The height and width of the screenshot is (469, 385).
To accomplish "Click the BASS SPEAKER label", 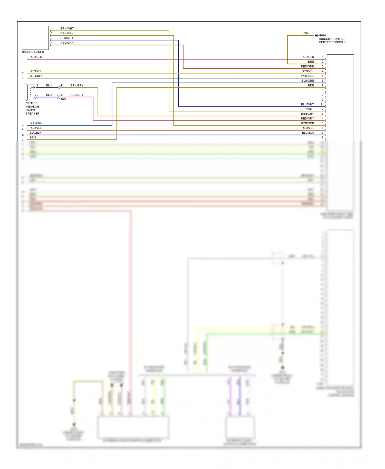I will (33, 52).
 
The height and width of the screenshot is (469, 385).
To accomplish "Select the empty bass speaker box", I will (35, 38).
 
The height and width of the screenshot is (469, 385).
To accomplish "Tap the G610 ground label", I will (322, 35).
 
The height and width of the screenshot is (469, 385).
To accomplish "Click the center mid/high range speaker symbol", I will (30, 92).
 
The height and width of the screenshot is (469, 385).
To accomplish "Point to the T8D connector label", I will (63, 99).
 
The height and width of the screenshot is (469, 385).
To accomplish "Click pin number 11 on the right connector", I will (322, 104).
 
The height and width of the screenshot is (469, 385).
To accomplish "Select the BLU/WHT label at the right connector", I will (307, 104).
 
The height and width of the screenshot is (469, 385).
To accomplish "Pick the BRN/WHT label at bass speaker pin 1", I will (67, 28).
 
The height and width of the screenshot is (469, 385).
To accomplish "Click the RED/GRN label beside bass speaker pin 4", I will (67, 43).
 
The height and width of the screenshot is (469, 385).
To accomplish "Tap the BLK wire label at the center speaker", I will (49, 85).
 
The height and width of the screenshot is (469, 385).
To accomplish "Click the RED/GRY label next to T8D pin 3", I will (77, 95).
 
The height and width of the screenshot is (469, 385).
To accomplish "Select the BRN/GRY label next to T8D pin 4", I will (77, 85).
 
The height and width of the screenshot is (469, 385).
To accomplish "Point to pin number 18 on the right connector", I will (322, 138).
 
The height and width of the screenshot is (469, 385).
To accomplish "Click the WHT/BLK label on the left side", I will (36, 76).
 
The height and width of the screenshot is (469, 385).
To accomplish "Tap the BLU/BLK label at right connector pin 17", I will (308, 133).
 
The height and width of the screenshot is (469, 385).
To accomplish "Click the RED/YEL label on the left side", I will (36, 128).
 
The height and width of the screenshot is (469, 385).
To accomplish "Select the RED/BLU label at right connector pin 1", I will (307, 57).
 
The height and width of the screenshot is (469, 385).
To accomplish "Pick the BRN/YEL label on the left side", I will (36, 71).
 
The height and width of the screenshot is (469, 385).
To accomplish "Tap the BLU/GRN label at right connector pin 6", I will (307, 81).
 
